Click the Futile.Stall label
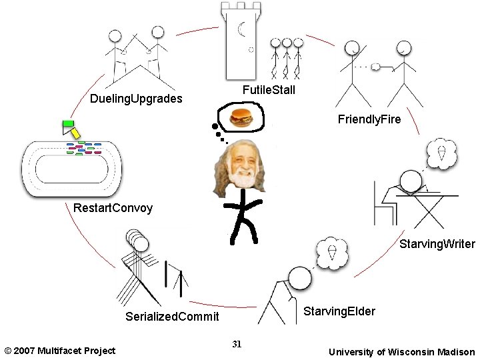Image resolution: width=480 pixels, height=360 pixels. (269, 90)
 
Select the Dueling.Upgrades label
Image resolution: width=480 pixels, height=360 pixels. (136, 99)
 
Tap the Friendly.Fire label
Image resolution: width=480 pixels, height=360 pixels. (369, 120)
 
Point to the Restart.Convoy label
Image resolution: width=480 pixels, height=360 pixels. (113, 208)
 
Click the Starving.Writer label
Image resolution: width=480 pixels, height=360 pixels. (437, 245)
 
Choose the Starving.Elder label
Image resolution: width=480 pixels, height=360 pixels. (339, 311)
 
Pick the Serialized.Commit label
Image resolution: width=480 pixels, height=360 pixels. (172, 317)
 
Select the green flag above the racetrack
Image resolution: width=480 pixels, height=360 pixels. (67, 123)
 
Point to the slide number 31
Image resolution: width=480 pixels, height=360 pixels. (237, 344)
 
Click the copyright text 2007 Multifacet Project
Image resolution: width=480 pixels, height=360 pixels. (59, 351)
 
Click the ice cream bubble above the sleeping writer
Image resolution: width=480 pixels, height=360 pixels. (441, 153)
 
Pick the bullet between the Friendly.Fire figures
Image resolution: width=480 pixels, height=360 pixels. (376, 66)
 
